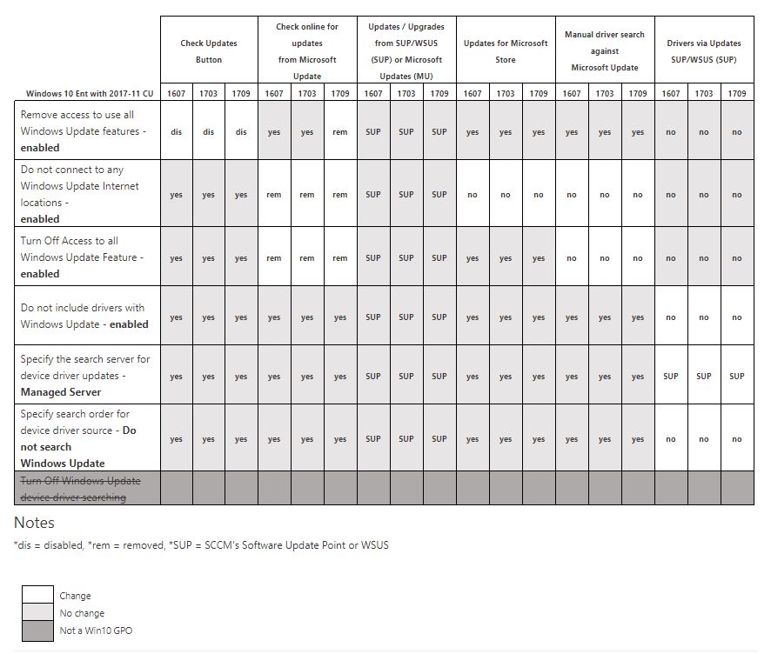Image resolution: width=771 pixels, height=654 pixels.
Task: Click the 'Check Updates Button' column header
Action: click(209, 51)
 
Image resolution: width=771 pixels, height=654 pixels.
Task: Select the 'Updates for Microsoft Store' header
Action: click(506, 51)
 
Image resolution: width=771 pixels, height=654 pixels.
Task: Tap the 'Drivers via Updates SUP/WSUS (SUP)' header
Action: click(704, 51)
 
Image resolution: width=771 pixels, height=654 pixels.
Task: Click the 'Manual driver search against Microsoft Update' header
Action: click(605, 51)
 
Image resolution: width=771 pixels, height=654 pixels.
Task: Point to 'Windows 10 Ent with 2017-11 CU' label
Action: click(86, 94)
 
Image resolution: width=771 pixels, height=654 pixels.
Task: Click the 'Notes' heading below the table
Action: click(34, 523)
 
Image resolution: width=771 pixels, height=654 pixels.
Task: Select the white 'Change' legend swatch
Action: click(37, 596)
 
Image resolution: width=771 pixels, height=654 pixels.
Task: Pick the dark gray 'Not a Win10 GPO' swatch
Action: click(37, 630)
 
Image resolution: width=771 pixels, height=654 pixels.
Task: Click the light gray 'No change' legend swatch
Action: click(37, 613)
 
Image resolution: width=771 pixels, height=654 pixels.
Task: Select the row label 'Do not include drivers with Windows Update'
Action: click(84, 316)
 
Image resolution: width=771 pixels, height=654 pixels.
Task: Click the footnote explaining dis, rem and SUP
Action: click(201, 545)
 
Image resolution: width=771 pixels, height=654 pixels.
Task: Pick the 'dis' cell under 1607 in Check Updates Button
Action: click(177, 132)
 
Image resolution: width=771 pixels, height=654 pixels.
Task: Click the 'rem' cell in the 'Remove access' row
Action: click(340, 132)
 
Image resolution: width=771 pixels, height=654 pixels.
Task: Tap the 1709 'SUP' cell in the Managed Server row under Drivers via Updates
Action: click(737, 377)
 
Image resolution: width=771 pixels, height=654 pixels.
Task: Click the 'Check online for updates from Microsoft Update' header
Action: click(307, 51)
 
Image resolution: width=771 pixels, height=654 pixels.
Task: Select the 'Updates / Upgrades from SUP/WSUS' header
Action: click(406, 51)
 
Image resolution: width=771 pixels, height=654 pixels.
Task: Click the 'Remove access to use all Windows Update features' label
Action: click(84, 130)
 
